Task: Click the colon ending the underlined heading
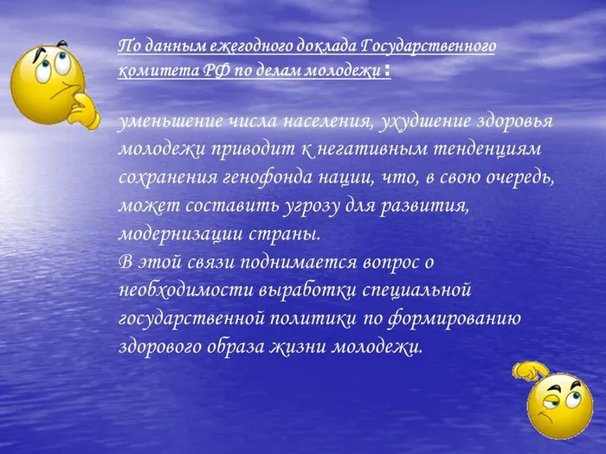coord(387,70)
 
